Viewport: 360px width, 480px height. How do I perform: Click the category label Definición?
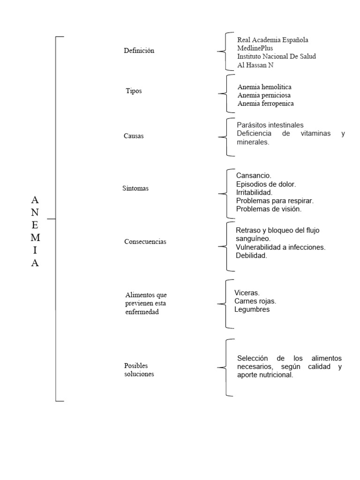(x=139, y=51)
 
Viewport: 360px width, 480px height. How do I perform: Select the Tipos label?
(x=134, y=90)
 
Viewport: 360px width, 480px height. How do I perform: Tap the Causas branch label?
(x=134, y=136)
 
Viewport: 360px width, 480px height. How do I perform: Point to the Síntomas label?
(x=135, y=188)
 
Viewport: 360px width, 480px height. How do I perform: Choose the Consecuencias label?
(x=146, y=242)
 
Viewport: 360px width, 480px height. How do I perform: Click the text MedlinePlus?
(x=255, y=48)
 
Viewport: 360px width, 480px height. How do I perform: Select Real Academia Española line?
(x=273, y=40)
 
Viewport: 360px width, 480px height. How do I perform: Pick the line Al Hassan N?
(x=255, y=65)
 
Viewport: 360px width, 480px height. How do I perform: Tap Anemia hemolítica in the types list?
(x=264, y=87)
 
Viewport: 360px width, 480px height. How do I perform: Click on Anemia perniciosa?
(x=264, y=95)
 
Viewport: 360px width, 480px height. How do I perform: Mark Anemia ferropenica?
(x=266, y=104)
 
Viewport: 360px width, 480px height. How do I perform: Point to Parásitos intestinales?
(x=270, y=125)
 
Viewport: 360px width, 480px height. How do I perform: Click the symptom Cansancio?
(x=254, y=176)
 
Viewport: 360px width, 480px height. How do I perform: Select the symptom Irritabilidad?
(x=255, y=193)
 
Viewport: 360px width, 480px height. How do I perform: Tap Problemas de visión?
(x=269, y=210)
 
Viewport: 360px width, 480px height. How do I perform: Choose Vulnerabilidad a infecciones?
(x=281, y=247)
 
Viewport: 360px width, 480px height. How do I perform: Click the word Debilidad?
(x=252, y=256)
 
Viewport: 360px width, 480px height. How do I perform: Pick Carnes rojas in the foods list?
(x=255, y=301)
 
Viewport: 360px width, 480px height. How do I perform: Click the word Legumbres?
(x=252, y=309)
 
